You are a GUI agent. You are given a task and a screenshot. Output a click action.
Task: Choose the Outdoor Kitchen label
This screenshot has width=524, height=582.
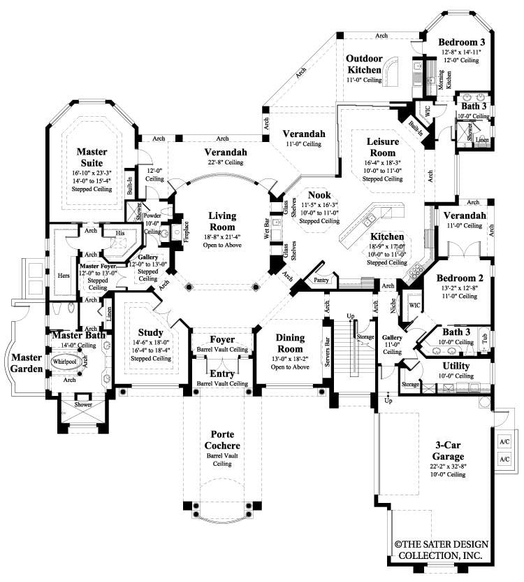point(364,64)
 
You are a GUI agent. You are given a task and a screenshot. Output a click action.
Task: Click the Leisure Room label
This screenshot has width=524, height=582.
point(382,147)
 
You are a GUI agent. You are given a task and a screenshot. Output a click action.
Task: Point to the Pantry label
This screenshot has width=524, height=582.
point(321,279)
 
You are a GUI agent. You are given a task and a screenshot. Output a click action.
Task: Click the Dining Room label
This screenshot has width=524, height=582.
point(289,343)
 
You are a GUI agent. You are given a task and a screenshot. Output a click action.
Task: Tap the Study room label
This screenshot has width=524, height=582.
point(151,332)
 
